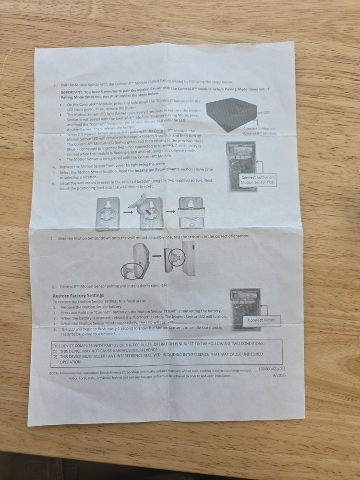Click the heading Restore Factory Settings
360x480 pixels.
[78, 295]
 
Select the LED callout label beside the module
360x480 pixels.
[267, 112]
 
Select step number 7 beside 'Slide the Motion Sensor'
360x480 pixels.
[51, 238]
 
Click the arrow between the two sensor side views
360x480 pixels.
[157, 257]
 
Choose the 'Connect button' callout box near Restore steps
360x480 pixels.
[262, 320]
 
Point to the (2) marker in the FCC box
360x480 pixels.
[55, 357]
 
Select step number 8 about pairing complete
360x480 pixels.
[54, 286]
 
